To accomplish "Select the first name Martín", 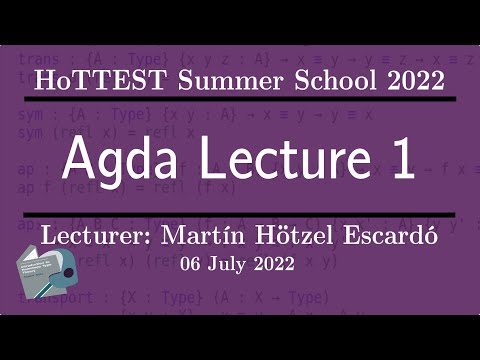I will point(197,238).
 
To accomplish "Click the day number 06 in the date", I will point(192,264).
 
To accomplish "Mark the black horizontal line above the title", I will point(240,100).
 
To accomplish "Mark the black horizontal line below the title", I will point(240,214).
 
